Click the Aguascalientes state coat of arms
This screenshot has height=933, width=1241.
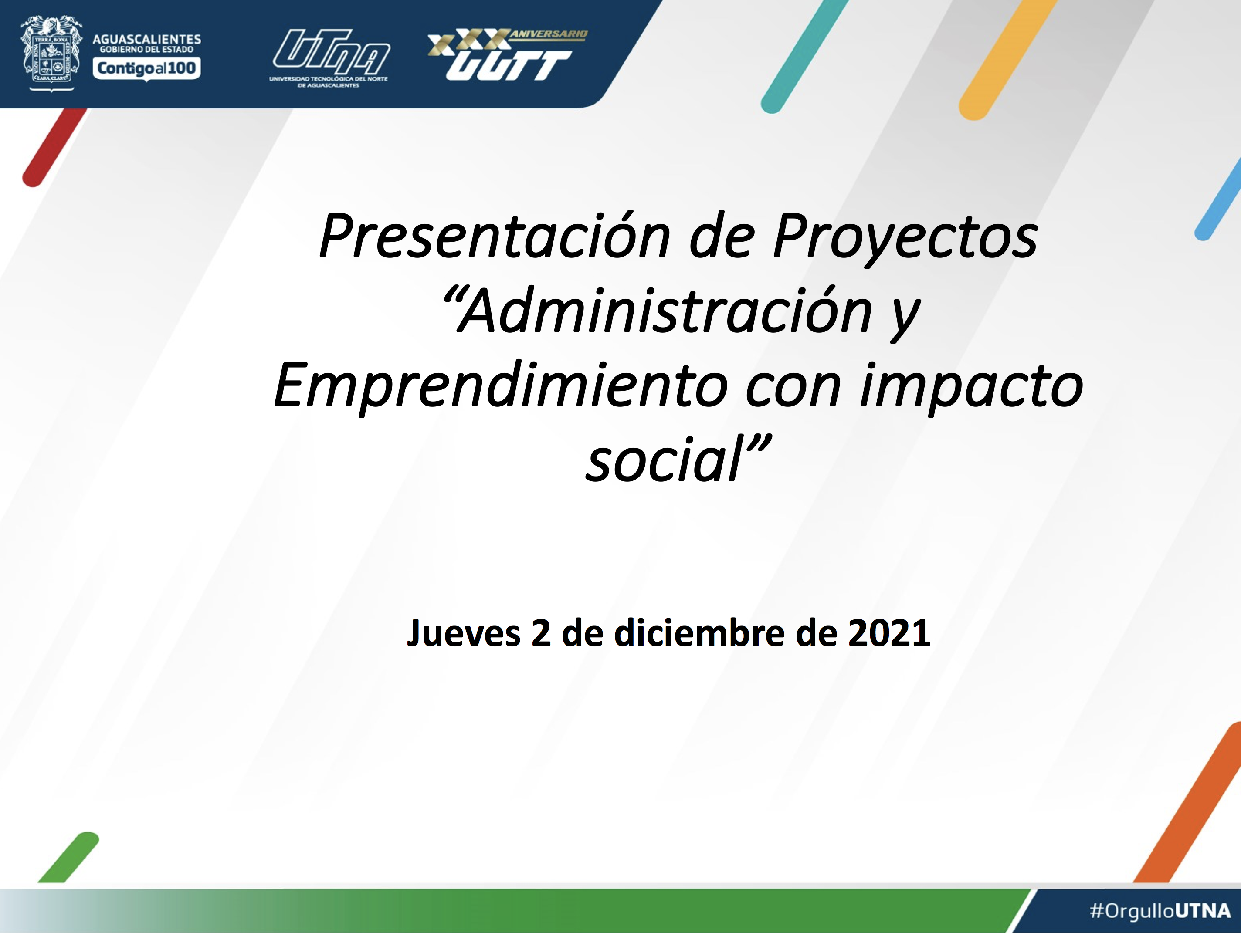[51, 53]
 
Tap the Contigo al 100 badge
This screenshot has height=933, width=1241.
[146, 69]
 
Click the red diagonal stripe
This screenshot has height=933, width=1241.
[55, 147]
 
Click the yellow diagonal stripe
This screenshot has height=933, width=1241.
[1007, 58]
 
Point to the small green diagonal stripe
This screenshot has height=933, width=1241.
[68, 857]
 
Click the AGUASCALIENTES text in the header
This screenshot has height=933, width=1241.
[146, 39]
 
